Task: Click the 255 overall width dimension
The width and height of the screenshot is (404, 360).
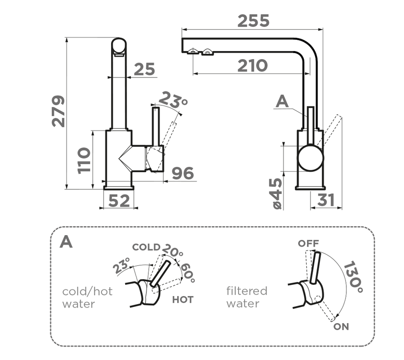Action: tap(253, 21)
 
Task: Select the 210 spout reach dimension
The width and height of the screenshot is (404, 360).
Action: tap(252, 66)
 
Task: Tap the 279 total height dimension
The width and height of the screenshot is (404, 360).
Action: tap(58, 111)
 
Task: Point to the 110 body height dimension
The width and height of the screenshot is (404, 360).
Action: tap(84, 160)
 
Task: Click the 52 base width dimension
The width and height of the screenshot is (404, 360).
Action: tap(119, 201)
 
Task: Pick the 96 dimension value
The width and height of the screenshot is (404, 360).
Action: tap(182, 174)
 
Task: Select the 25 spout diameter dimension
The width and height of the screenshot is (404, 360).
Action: tap(144, 70)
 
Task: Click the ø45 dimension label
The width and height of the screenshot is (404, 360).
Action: tap(276, 193)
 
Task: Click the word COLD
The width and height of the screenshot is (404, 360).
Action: tap(146, 247)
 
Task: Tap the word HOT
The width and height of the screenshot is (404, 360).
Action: tap(183, 299)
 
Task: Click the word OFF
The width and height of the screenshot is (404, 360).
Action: tap(308, 243)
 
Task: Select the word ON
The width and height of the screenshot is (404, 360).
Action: tap(341, 327)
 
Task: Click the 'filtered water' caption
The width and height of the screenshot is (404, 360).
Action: tap(246, 297)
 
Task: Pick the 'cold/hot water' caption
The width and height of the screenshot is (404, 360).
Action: tap(87, 297)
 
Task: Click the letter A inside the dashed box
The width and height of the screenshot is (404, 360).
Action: tap(66, 242)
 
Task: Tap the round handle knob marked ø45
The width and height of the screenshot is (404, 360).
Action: tap(311, 158)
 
